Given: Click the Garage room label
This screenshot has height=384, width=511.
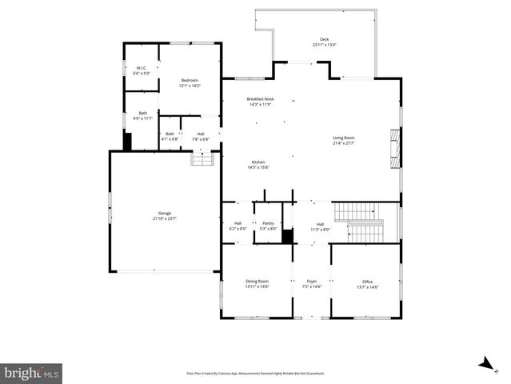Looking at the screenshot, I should tap(164, 215).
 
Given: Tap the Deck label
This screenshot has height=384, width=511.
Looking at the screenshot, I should tap(324, 42).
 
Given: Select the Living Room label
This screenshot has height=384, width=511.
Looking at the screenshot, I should tap(344, 140).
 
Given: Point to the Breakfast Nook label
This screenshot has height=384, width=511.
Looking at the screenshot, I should tap(259, 102).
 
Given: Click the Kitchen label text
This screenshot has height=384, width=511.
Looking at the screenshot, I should tap(259, 165).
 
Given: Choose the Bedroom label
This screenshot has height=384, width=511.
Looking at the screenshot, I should tap(190, 82).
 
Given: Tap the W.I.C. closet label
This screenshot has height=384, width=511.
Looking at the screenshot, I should tap(141, 70).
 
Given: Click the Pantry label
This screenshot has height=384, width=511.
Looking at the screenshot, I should tap(268, 226).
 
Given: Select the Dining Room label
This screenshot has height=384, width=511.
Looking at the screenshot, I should tap(257, 283).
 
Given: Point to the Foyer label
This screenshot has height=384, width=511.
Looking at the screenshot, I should tap(312, 283).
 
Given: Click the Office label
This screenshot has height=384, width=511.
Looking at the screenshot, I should tap(368, 283).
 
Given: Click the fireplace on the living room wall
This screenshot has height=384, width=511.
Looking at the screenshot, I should tap(393, 150).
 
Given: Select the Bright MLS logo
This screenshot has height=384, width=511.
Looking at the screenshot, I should tap(31, 373).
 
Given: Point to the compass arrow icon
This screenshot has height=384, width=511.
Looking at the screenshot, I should tap(485, 364).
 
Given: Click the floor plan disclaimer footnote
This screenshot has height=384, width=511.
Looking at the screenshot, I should tap(255, 373).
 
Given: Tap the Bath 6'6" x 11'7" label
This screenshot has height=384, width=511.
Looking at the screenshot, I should tap(142, 116).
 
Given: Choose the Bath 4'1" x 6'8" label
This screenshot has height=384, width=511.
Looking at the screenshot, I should tap(170, 136).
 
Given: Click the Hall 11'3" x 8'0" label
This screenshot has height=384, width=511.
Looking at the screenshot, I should tap(320, 226).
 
